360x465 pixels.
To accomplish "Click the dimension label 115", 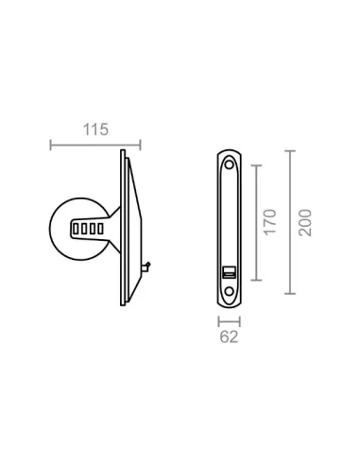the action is point(95,129).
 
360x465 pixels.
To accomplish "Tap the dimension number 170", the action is point(270,222).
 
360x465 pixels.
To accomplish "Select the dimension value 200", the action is point(305,222).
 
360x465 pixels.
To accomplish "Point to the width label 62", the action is point(229,336).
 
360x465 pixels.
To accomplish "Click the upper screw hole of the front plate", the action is point(229,164).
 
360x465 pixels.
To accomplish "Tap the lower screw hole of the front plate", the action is point(230,291).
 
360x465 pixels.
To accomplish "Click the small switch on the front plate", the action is point(229,272).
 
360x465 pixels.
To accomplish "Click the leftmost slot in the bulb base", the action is point(76,229).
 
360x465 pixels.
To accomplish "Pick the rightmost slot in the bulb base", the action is point(100,229).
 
